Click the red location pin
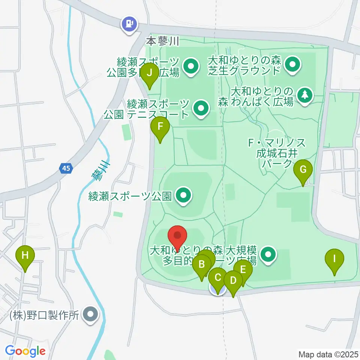[177, 237]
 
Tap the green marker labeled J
[150, 73]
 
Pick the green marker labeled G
[303, 169]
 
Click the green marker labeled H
[25, 256]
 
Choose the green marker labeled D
[233, 280]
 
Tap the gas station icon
[129, 24]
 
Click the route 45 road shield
[66, 169]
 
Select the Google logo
[25, 351]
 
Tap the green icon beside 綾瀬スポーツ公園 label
[184, 195]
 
